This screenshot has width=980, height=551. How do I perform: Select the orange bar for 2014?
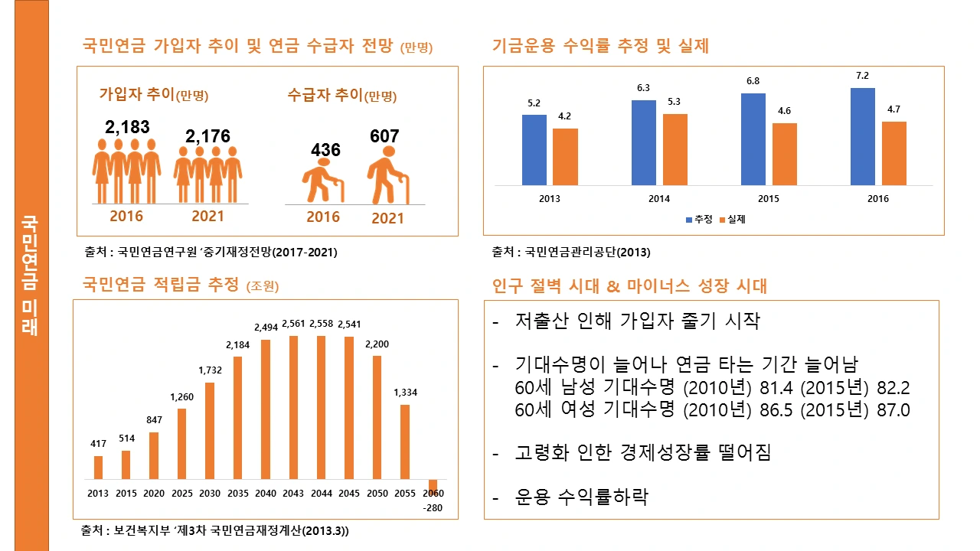click(x=675, y=149)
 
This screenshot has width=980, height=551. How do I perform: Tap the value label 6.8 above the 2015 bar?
click(x=753, y=81)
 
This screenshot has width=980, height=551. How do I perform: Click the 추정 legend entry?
click(x=698, y=219)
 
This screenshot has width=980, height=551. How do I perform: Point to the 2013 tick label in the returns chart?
click(x=549, y=199)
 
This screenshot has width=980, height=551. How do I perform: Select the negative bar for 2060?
click(x=433, y=485)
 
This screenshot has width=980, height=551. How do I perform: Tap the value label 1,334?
click(x=405, y=393)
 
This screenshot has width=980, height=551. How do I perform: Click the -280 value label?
click(x=433, y=508)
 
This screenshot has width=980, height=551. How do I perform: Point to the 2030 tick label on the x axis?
click(x=209, y=494)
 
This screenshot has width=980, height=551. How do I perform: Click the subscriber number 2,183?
click(x=127, y=127)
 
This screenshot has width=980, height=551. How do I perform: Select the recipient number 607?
click(x=384, y=136)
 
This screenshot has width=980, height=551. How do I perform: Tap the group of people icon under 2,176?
click(x=207, y=175)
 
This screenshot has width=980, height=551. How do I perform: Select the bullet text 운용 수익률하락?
click(x=581, y=497)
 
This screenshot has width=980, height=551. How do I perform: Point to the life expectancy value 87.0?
click(x=893, y=410)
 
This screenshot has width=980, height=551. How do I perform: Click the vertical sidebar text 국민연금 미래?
click(x=31, y=275)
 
